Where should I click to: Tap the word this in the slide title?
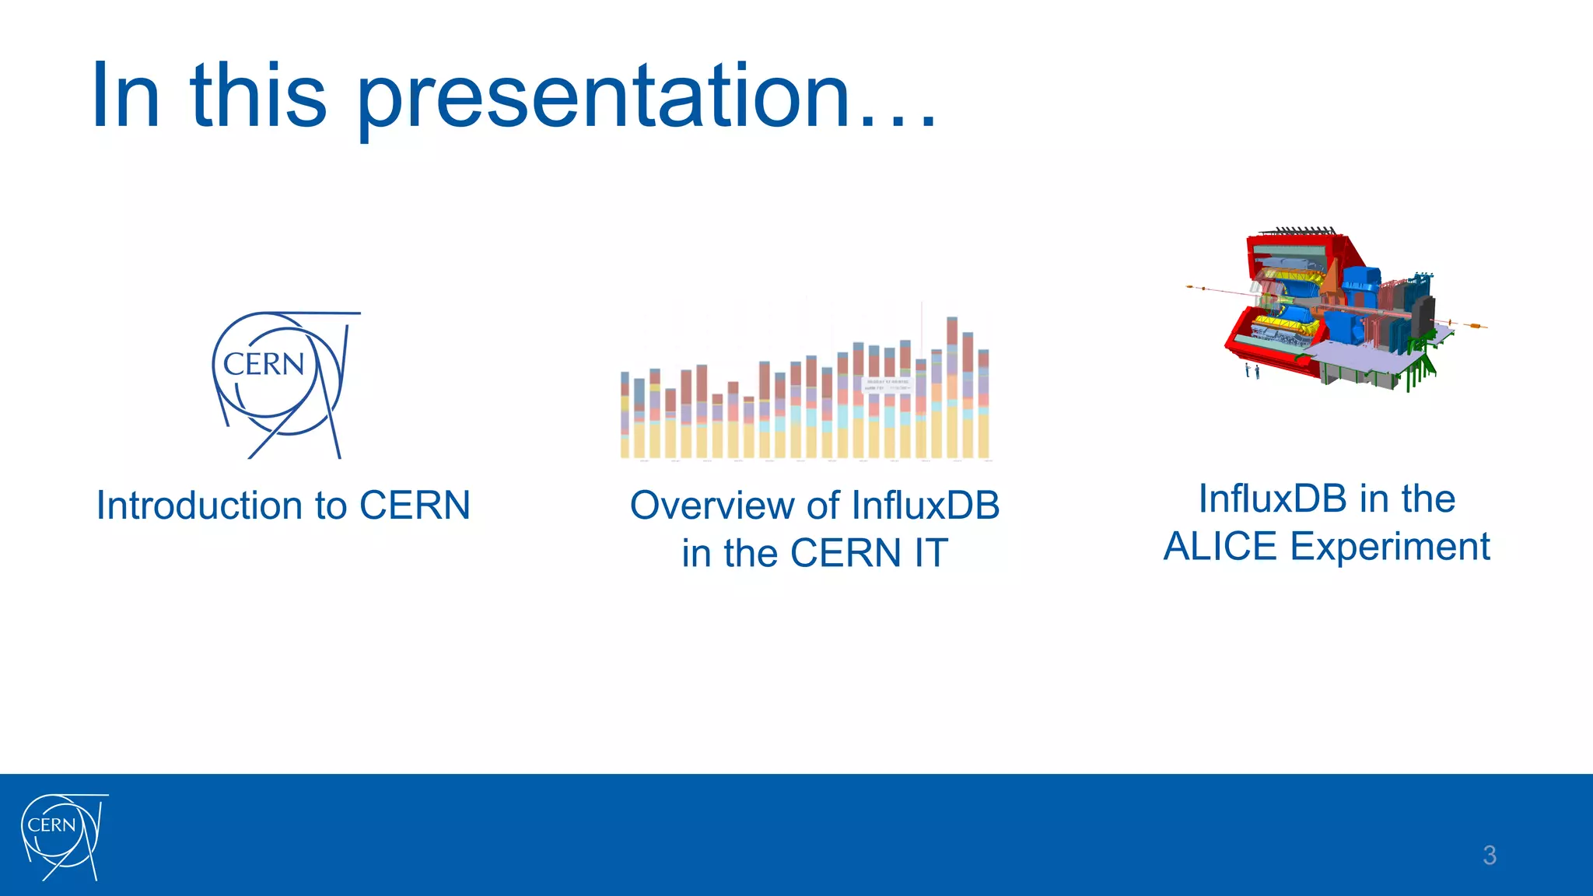(x=257, y=96)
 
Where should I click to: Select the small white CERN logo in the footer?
(x=63, y=837)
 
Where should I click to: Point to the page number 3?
(x=1489, y=855)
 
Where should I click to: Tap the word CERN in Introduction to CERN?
(x=415, y=506)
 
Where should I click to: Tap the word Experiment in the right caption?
(x=1390, y=546)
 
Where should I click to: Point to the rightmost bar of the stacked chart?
(x=983, y=404)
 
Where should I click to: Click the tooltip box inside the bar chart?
(x=887, y=385)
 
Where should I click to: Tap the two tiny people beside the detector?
(x=1252, y=371)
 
